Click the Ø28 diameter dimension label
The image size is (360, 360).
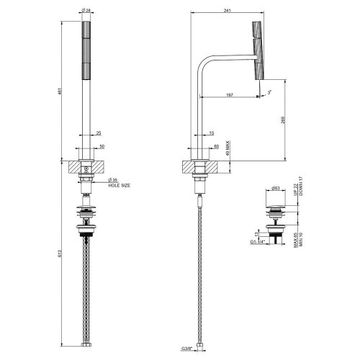click(x=86, y=10)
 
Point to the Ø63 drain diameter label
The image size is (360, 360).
click(x=276, y=189)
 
